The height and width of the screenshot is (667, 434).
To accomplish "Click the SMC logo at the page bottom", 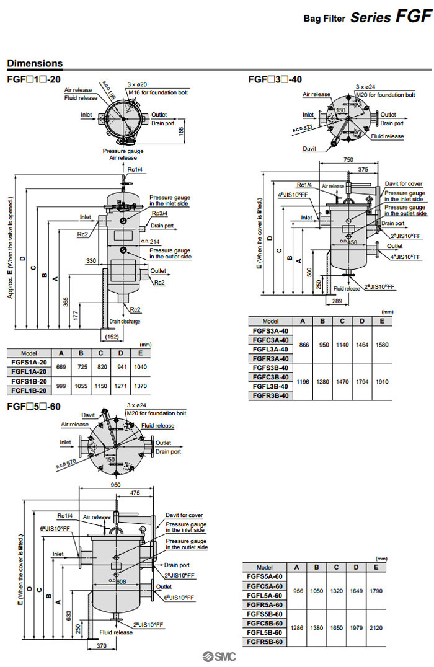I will coord(219,658).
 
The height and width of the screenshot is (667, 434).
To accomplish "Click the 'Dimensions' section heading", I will coord(35,63).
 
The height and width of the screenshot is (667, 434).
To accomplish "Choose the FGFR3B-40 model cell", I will coord(271,395).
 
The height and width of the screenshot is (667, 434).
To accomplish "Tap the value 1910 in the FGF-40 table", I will coord(382,381).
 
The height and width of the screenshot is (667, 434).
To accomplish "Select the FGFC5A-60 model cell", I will coord(265,586).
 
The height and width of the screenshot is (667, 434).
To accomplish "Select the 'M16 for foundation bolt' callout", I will coord(158,92).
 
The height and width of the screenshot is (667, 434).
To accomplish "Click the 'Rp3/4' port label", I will coord(160,213).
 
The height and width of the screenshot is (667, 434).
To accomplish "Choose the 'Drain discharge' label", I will coord(125,321).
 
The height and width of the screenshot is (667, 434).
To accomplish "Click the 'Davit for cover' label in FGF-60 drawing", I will coord(184,515).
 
